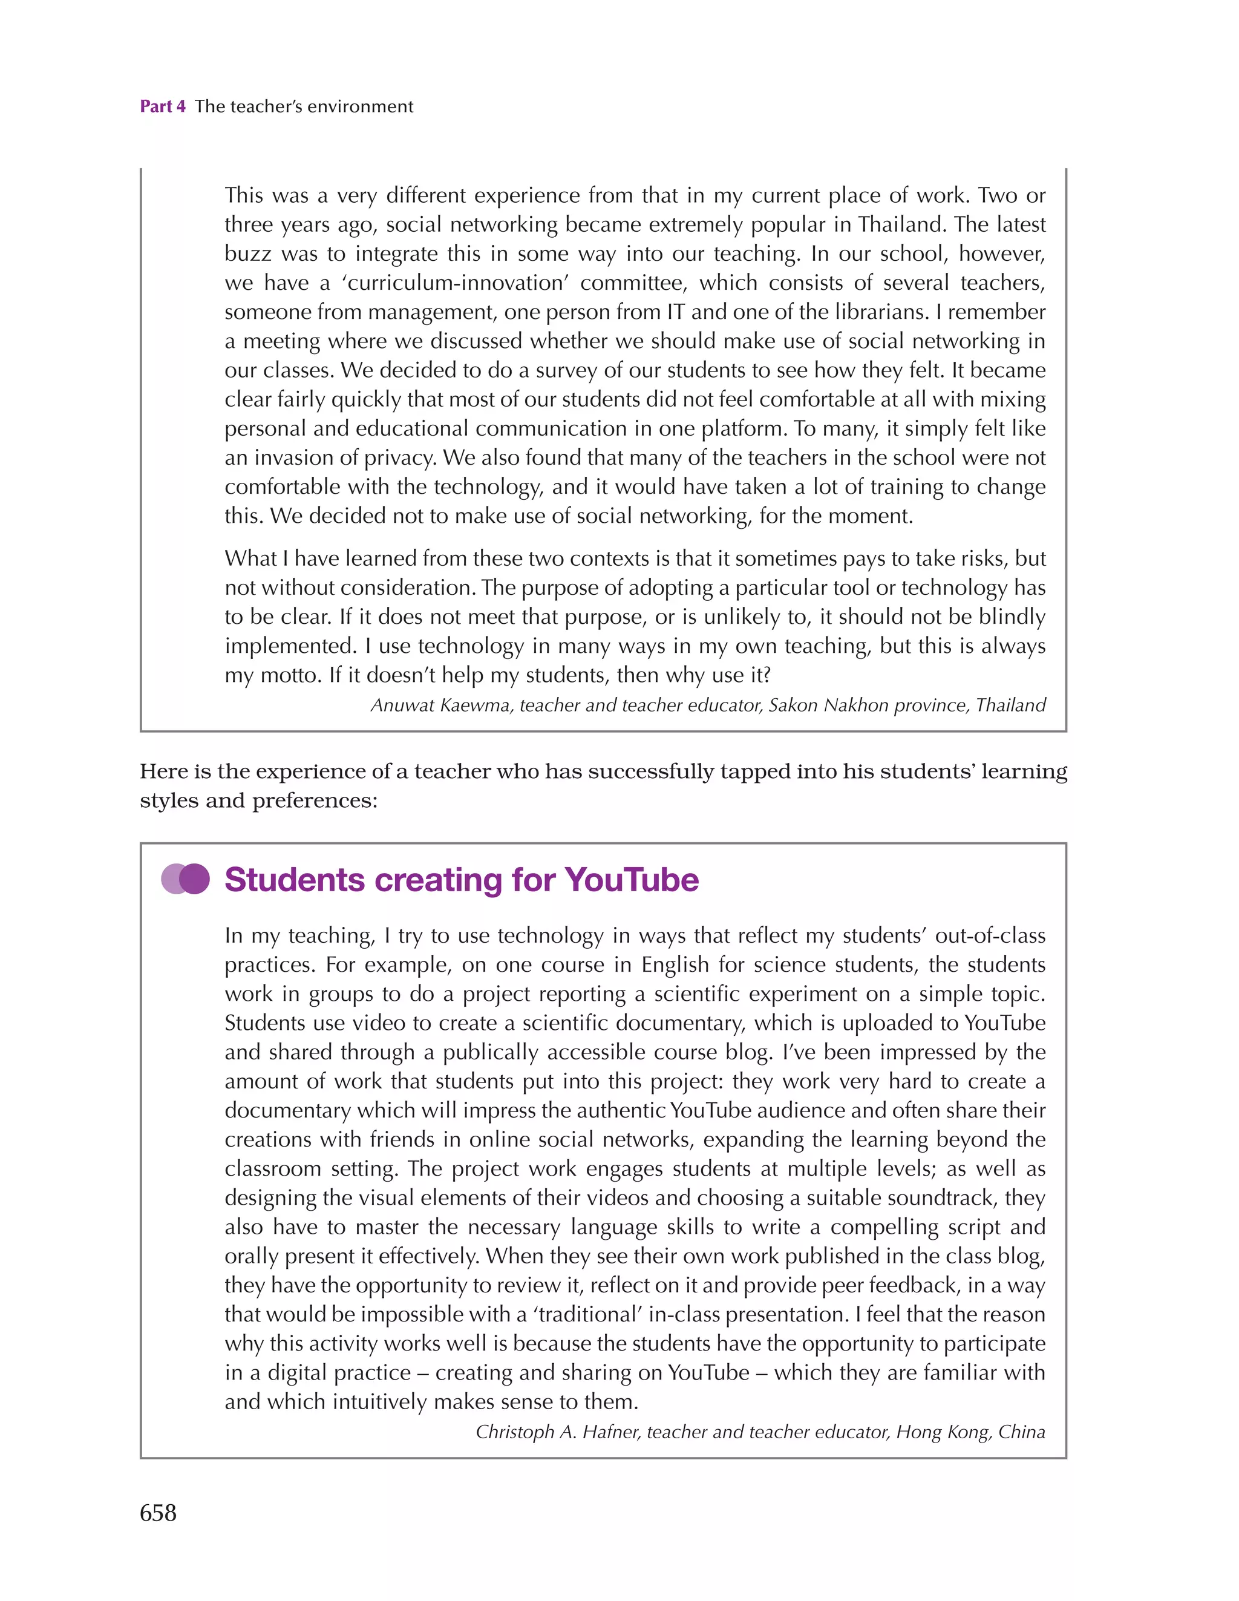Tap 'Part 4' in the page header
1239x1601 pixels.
coord(162,106)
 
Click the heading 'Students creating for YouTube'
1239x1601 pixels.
coord(461,880)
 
